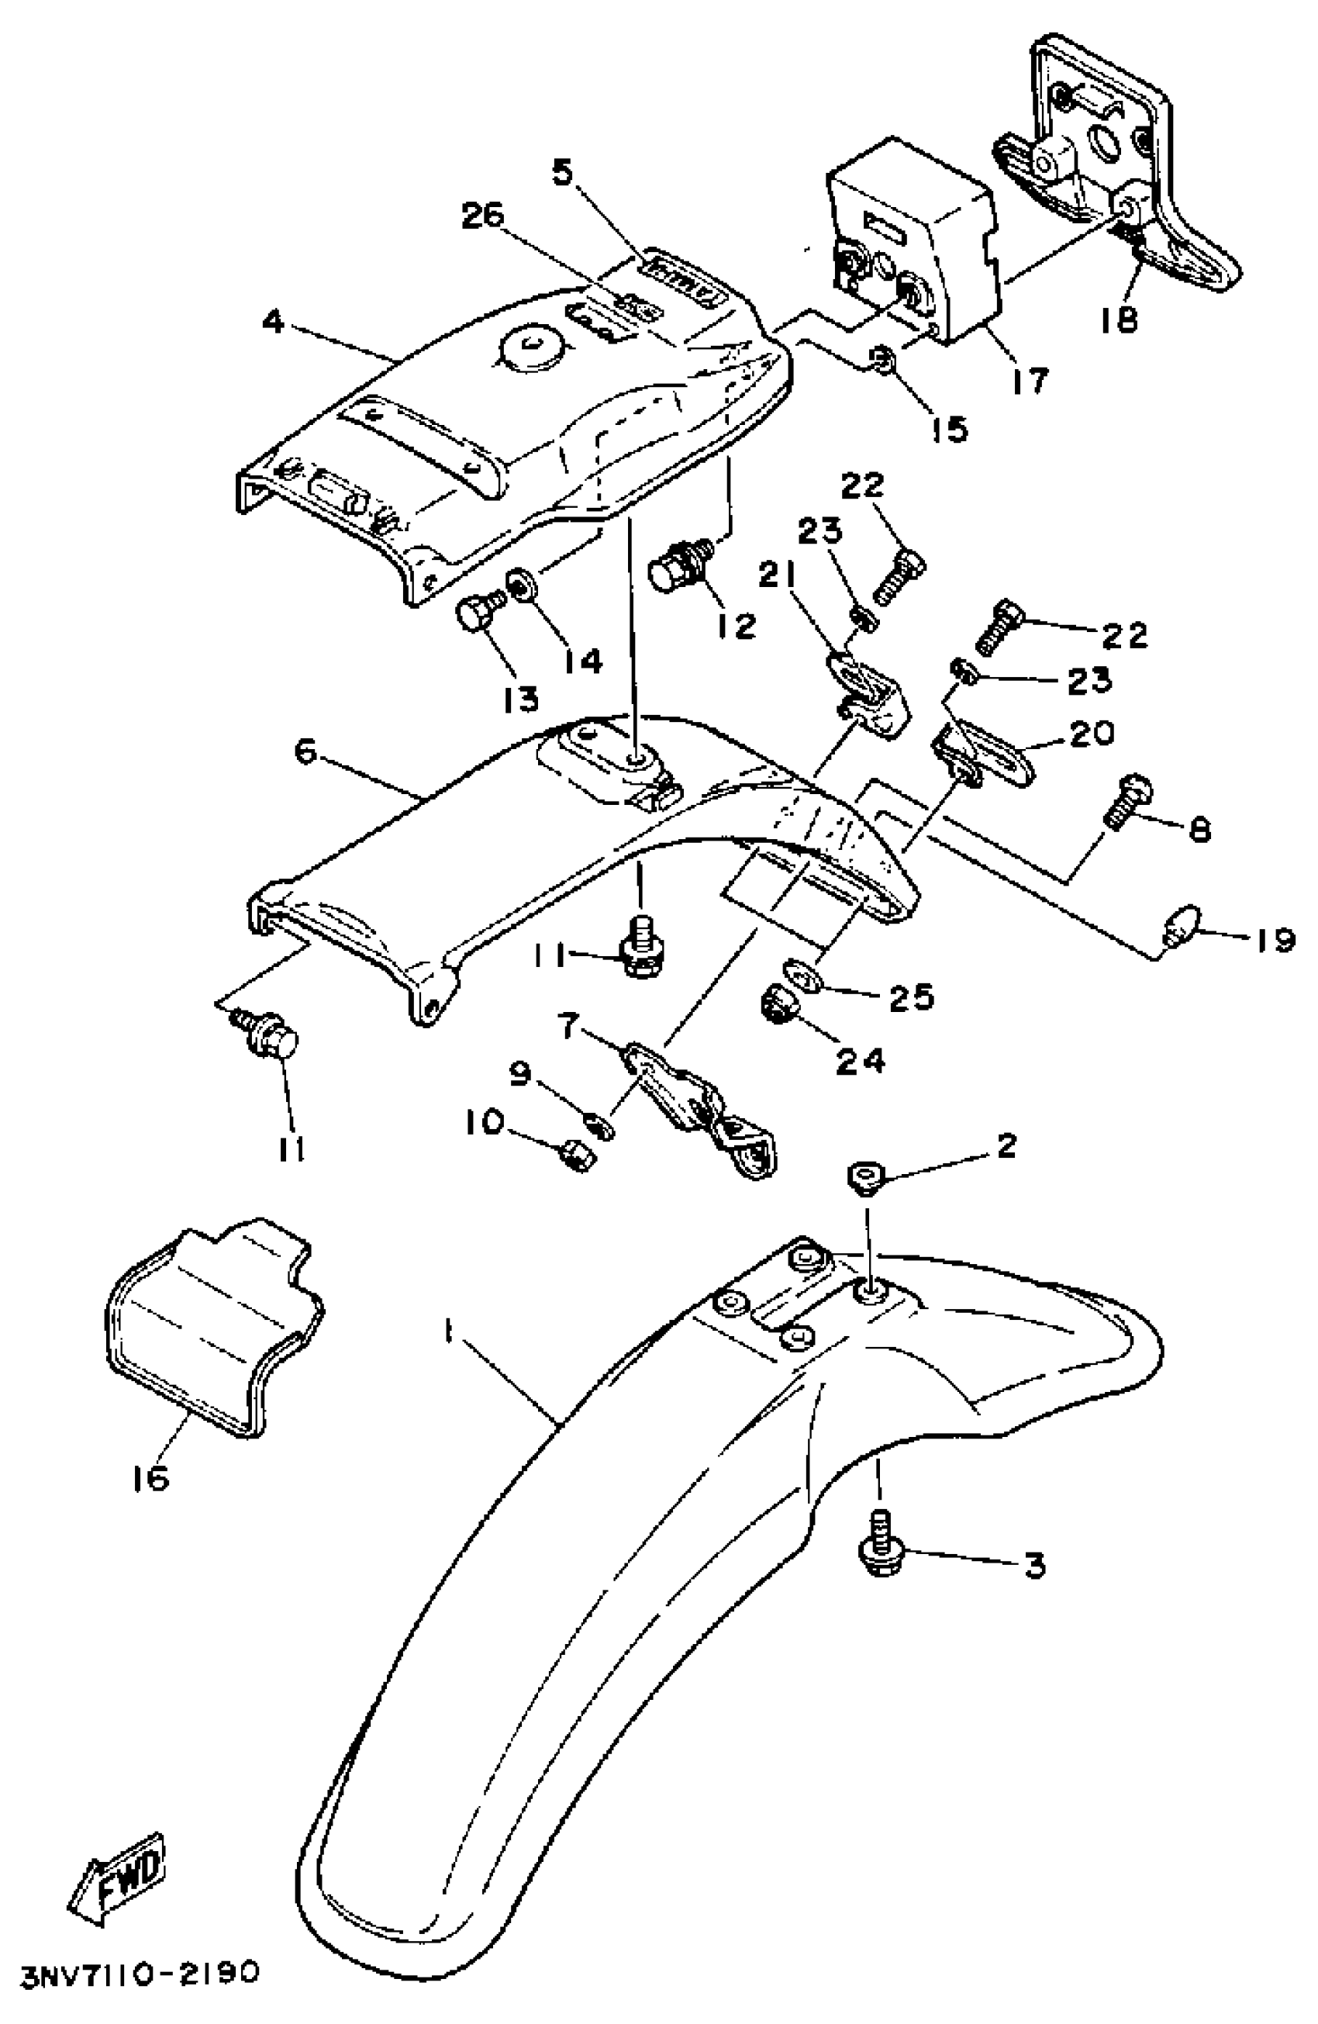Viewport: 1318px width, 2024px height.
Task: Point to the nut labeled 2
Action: pyautogui.click(x=864, y=1177)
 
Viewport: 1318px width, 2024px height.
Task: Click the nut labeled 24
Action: pyautogui.click(x=776, y=1004)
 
